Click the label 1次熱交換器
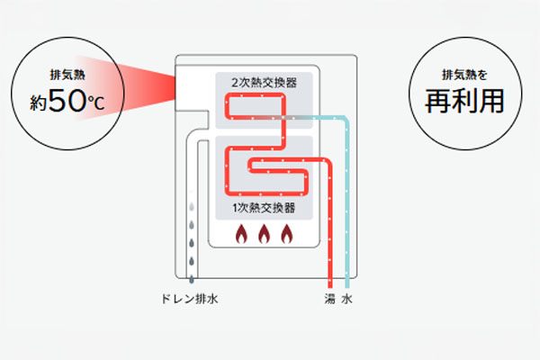point(265,209)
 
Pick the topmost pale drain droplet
point(192,206)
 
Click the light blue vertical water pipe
point(346,207)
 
